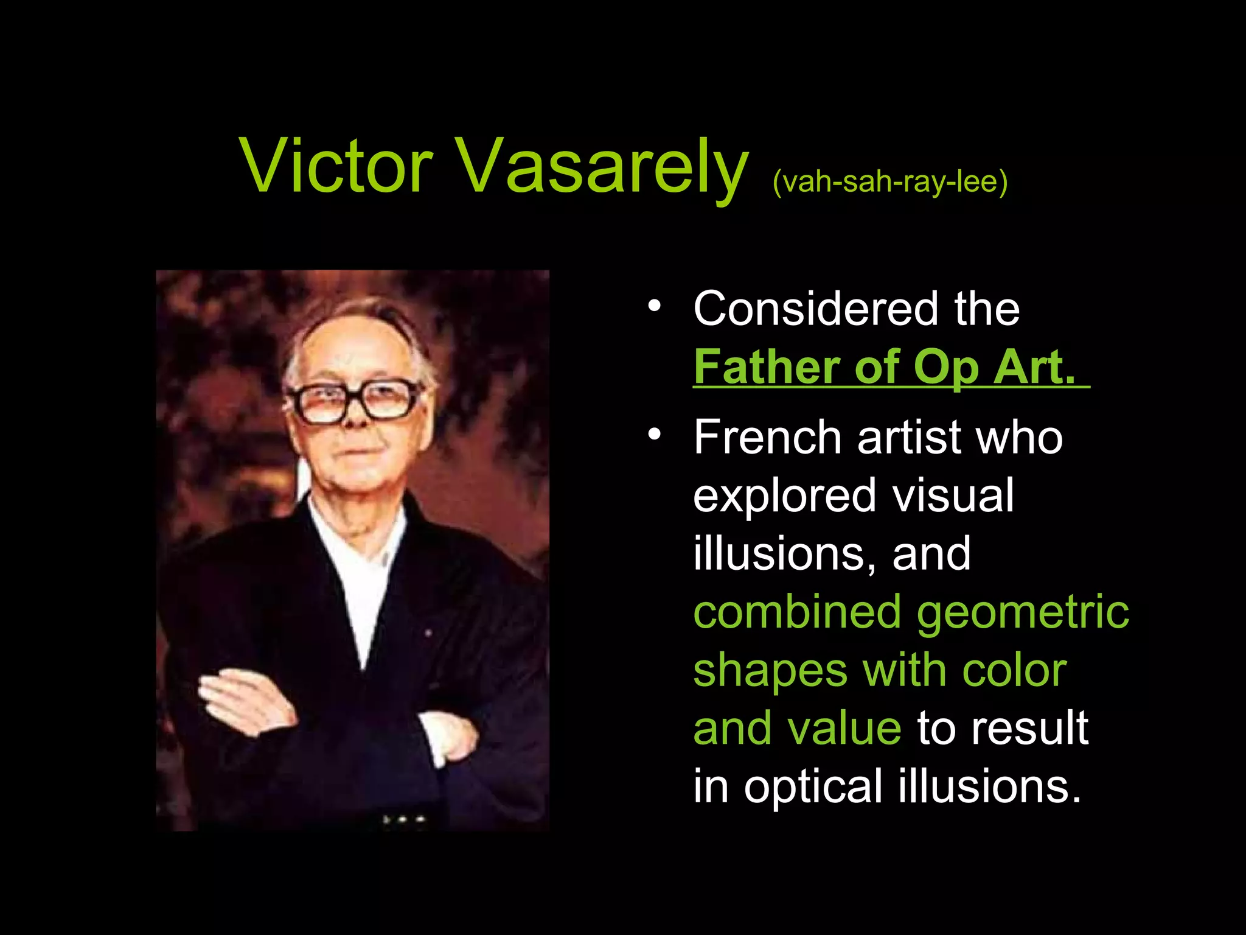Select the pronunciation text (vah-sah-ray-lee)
889,181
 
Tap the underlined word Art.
1034,367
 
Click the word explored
785,497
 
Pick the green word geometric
1023,614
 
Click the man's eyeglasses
355,402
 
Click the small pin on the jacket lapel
428,633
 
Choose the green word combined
797,612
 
